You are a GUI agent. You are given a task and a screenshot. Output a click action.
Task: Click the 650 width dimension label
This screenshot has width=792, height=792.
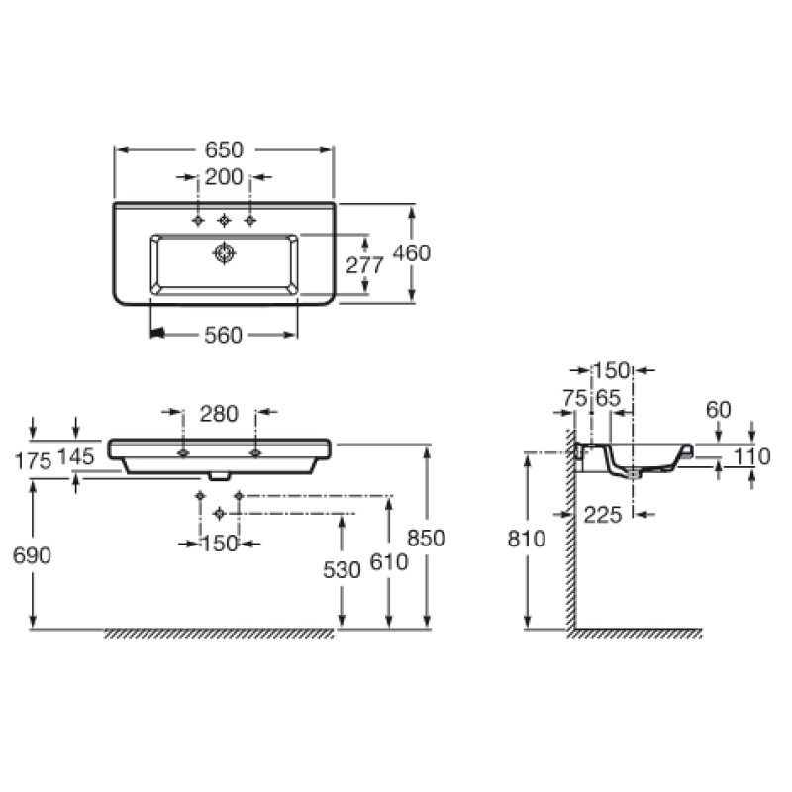point(224,149)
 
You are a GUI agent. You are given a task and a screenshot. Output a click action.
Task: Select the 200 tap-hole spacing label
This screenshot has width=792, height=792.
point(224,178)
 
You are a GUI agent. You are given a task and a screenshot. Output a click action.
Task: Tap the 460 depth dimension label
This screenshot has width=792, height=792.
point(412,253)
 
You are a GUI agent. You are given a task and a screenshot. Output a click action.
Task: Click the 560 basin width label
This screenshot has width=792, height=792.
point(223,336)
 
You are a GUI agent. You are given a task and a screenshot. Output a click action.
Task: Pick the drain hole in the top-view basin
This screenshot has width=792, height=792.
point(225,254)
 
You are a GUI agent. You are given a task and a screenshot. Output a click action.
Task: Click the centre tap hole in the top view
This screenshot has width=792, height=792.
point(224,220)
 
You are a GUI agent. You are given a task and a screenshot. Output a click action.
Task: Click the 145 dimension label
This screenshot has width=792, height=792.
point(76,457)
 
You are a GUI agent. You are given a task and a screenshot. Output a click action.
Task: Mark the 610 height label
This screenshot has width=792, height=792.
point(389,562)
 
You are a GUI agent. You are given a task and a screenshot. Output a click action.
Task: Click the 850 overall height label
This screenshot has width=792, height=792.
point(427,538)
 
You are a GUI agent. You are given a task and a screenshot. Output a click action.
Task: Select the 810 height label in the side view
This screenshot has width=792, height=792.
point(526,540)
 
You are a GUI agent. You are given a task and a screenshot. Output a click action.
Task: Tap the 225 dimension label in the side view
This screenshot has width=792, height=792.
point(604,513)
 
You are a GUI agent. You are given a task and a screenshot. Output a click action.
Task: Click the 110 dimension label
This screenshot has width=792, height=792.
point(753,456)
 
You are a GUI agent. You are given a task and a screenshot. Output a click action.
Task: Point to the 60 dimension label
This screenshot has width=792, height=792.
point(718,409)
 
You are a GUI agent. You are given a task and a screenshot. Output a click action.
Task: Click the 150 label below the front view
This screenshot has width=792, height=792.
point(220,543)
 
